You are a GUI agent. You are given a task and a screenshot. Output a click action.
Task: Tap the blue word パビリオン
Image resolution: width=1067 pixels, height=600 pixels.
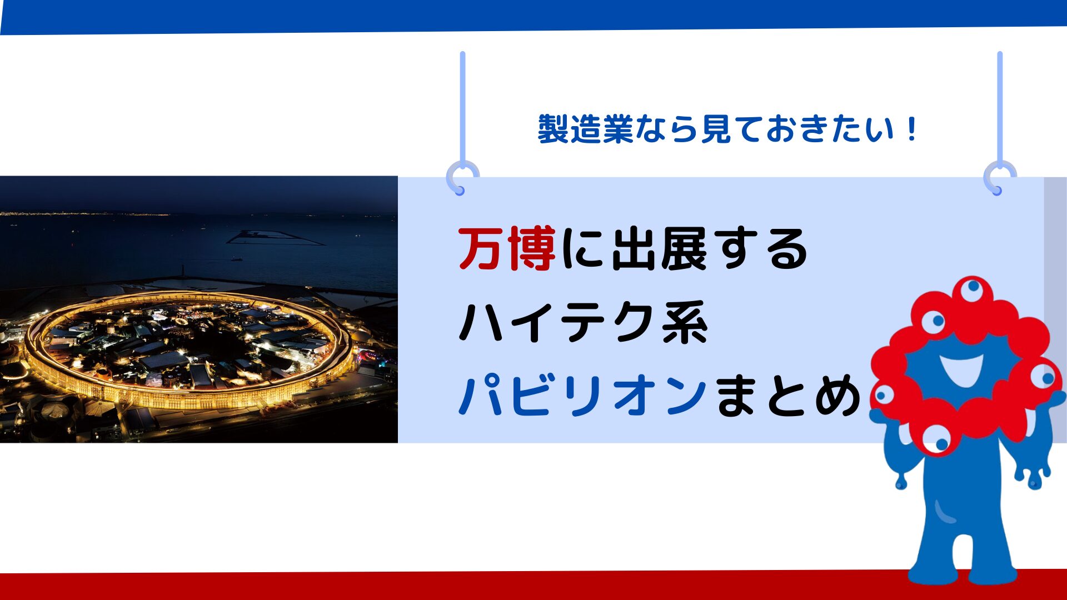point(582,395)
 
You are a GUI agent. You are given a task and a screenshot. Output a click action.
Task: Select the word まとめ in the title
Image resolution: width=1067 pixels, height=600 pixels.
point(787,395)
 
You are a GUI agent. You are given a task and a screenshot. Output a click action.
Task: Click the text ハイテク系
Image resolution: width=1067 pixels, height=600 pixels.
point(583,322)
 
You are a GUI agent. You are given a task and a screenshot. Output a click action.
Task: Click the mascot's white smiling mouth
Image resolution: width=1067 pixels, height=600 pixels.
point(961,369)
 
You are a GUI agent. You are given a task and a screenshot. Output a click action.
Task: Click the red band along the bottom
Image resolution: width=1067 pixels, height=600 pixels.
point(533,586)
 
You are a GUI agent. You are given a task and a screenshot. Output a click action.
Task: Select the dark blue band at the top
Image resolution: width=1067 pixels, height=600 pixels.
point(533,16)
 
